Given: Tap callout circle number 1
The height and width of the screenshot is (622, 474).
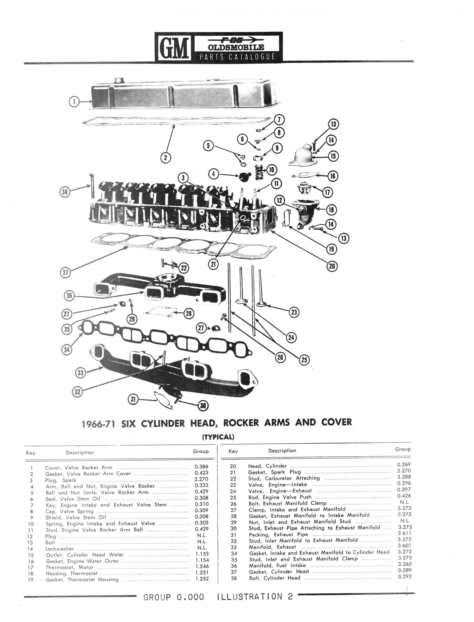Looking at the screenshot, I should (74, 101).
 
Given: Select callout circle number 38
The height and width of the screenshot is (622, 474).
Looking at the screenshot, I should (65, 192).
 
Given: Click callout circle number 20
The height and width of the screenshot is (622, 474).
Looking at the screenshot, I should (332, 266).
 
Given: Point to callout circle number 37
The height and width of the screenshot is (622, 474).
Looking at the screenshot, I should (65, 273).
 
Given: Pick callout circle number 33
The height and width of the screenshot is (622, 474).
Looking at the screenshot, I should (80, 373).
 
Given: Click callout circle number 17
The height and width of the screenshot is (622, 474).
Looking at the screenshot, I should (327, 192).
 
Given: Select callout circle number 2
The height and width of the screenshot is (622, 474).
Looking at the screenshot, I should (166, 157).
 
